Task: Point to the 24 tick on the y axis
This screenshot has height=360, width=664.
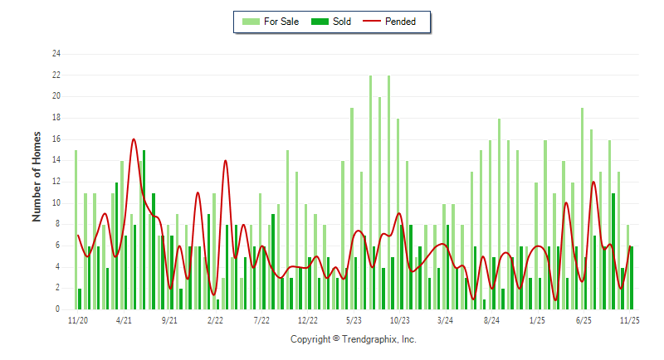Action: (x=56, y=54)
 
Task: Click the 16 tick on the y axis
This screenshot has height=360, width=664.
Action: (x=56, y=139)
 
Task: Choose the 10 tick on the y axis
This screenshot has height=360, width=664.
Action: (x=56, y=202)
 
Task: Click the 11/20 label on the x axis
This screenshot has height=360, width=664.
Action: (x=77, y=319)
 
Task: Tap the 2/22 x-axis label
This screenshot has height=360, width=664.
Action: (x=216, y=319)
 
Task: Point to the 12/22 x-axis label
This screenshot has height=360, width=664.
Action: (x=308, y=319)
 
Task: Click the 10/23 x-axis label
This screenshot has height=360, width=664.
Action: (x=399, y=319)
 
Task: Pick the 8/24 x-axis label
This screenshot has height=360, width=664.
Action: (x=491, y=319)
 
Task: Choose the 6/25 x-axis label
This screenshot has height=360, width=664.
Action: (x=583, y=319)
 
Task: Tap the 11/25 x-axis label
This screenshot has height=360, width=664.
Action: (x=629, y=319)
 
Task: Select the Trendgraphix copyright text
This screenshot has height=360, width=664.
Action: (x=353, y=339)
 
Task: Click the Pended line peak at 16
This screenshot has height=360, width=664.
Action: (x=134, y=139)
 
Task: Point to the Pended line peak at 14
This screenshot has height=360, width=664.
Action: (x=225, y=161)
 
